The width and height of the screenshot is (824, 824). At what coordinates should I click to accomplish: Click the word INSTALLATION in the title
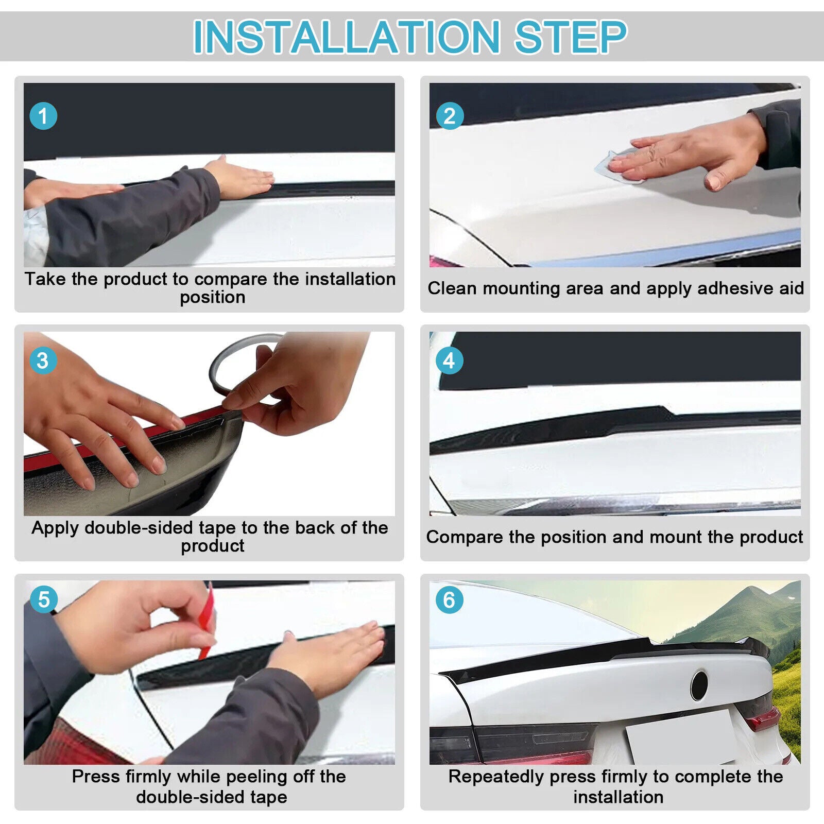pyautogui.click(x=346, y=37)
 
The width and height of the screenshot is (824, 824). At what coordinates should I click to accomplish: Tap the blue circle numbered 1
pyautogui.click(x=43, y=116)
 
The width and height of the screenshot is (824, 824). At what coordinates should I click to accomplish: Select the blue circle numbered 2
pyautogui.click(x=449, y=116)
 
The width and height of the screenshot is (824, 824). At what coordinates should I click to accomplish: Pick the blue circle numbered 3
pyautogui.click(x=43, y=360)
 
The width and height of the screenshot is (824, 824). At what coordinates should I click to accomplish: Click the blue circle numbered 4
pyautogui.click(x=449, y=360)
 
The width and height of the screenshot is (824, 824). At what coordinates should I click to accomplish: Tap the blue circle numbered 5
pyautogui.click(x=43, y=600)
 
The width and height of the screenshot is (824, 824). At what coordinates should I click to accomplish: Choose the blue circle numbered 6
pyautogui.click(x=449, y=600)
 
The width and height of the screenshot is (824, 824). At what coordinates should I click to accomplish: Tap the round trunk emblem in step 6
pyautogui.click(x=699, y=685)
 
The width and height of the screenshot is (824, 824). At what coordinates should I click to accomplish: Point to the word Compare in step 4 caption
pyautogui.click(x=465, y=537)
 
